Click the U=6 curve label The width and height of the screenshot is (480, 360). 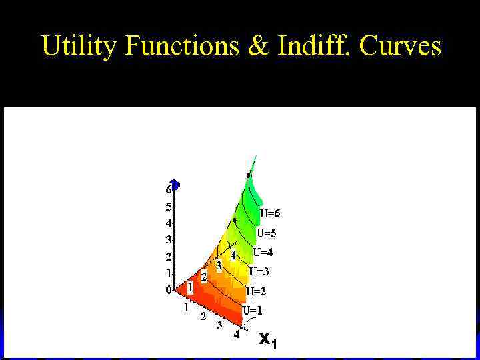point(270,214)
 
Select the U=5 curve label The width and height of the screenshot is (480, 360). point(267,234)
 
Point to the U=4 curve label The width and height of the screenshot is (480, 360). point(263,253)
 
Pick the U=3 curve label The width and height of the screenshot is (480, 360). point(259,272)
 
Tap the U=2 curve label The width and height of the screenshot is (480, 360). point(256,291)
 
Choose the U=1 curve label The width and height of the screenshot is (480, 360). point(252,310)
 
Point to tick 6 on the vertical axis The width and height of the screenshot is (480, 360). point(169,190)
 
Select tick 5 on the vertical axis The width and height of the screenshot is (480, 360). point(169,207)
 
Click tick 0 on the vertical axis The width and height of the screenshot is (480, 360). point(169,290)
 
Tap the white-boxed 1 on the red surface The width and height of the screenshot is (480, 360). point(190,288)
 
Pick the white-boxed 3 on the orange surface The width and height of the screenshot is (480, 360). point(219,265)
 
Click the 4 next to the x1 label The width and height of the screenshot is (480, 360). point(237,335)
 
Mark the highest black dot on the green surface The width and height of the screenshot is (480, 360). point(249,175)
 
